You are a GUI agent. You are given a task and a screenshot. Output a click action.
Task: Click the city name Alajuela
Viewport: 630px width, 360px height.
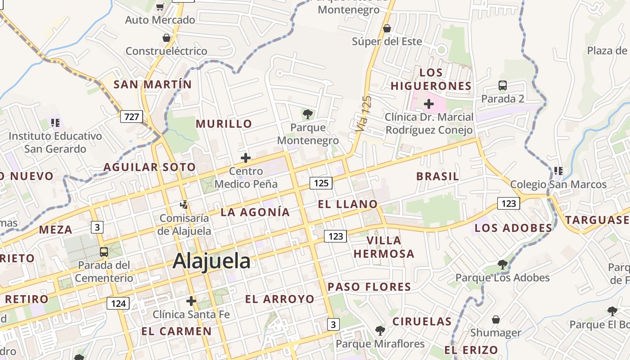(x=211, y=261)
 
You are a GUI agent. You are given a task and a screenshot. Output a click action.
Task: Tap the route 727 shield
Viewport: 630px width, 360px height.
(x=131, y=117)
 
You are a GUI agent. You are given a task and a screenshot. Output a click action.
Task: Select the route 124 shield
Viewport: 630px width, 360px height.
(x=118, y=303)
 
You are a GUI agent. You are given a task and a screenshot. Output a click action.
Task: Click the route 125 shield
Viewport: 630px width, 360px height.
(x=321, y=183)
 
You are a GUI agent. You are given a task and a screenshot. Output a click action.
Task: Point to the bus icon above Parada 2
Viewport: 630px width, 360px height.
(x=503, y=85)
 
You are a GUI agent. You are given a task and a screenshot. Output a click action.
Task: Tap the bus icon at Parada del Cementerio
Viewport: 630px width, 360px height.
(x=104, y=252)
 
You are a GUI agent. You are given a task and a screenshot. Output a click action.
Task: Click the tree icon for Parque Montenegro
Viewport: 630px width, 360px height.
(x=308, y=114)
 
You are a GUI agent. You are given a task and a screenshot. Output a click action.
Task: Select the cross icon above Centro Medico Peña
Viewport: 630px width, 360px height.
(x=246, y=158)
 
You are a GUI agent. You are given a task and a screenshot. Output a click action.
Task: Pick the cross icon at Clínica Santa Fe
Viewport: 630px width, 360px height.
(x=191, y=301)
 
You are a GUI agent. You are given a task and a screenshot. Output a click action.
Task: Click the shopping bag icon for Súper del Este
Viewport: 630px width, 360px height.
(x=387, y=29)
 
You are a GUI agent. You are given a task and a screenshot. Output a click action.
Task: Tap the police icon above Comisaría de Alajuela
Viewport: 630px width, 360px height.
(x=184, y=205)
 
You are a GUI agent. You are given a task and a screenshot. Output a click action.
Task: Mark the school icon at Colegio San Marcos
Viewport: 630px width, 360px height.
(x=558, y=171)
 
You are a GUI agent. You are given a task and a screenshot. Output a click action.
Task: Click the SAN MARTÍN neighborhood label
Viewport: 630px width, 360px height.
(x=153, y=84)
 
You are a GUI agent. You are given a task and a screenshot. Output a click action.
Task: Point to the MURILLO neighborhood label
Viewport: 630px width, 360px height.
(x=224, y=124)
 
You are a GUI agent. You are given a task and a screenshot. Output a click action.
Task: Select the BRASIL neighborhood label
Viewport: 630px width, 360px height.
(x=437, y=176)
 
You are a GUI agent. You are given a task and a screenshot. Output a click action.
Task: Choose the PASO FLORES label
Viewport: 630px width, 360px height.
(x=369, y=287)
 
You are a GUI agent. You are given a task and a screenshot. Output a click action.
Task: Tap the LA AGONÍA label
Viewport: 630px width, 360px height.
(x=255, y=212)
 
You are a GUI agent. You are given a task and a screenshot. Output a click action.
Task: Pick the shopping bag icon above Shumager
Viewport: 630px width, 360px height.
(x=496, y=319)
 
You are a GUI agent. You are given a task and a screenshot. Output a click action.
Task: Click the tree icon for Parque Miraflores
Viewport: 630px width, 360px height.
(x=380, y=331)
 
